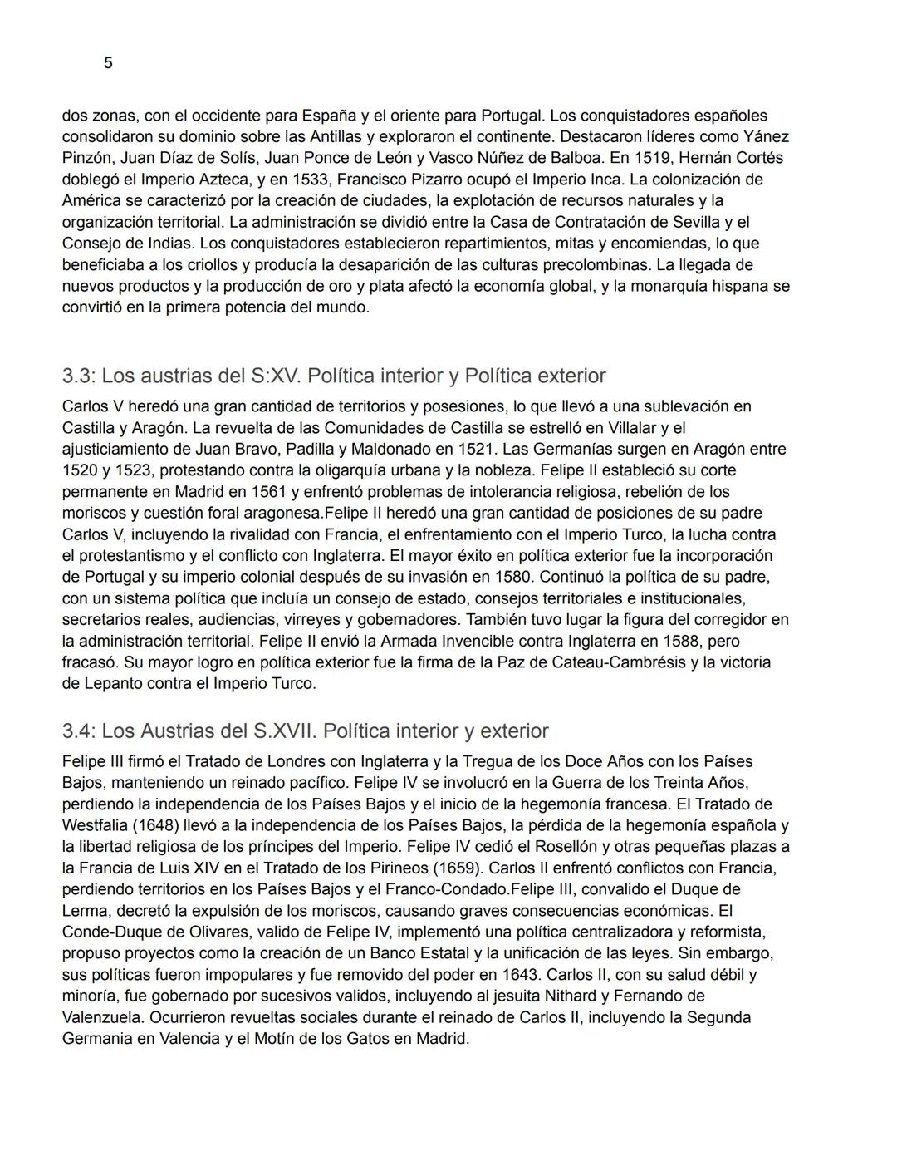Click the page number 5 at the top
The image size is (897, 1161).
108,63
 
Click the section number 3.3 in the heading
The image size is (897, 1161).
79,376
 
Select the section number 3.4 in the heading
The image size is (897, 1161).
79,731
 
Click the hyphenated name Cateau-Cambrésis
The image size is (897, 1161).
673,662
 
